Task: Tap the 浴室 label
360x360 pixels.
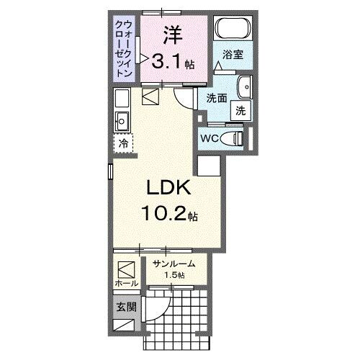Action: (x=231, y=54)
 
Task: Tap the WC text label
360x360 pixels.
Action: (x=210, y=138)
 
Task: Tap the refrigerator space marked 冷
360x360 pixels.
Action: (x=123, y=143)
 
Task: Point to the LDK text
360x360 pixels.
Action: (x=168, y=188)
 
